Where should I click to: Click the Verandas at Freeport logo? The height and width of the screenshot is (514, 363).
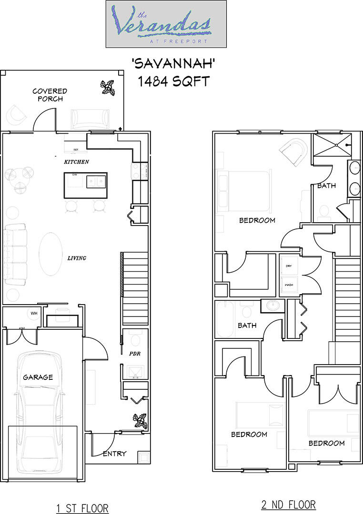(166, 24)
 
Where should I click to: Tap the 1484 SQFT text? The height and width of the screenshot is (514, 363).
(173, 81)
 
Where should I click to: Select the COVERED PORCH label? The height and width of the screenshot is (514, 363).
(50, 95)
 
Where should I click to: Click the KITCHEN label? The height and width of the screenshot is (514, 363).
(77, 162)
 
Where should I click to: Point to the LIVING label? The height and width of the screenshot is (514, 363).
(76, 258)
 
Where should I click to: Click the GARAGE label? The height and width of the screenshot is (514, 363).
(38, 377)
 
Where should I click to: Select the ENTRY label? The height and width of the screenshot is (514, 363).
(114, 454)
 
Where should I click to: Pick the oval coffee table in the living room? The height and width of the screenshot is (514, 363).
(51, 253)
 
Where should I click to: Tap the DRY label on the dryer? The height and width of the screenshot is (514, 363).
(289, 266)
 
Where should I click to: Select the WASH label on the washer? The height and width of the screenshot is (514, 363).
(289, 285)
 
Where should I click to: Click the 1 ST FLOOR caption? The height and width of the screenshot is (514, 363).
(82, 508)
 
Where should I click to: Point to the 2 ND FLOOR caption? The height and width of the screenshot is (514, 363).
(288, 504)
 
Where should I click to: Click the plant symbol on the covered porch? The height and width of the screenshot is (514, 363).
(108, 88)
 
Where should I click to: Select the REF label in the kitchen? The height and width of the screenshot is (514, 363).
(76, 150)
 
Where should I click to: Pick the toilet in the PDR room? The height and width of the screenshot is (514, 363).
(135, 339)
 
